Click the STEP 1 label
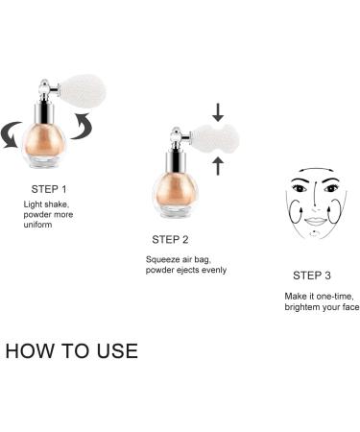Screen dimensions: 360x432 (x=49, y=189)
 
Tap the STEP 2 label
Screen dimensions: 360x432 (x=170, y=239)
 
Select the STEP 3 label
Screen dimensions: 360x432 (x=312, y=276)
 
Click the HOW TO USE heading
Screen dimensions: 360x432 (x=72, y=350)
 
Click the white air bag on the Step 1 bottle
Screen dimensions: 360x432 (x=85, y=91)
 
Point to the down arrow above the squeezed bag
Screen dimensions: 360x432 (x=218, y=112)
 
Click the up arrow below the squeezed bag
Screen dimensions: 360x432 (x=218, y=166)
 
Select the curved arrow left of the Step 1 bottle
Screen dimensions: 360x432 (x=11, y=134)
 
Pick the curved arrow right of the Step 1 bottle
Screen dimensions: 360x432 (x=83, y=126)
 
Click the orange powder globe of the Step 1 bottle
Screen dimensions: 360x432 (x=44, y=141)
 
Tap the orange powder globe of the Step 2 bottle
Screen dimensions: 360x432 (x=175, y=190)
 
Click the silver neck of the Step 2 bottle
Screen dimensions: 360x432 (x=176, y=162)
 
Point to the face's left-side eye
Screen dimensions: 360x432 (x=299, y=188)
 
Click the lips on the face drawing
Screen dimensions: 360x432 (x=315, y=221)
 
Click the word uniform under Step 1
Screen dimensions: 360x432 (x=37, y=225)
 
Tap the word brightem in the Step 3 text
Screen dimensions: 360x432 (x=300, y=307)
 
